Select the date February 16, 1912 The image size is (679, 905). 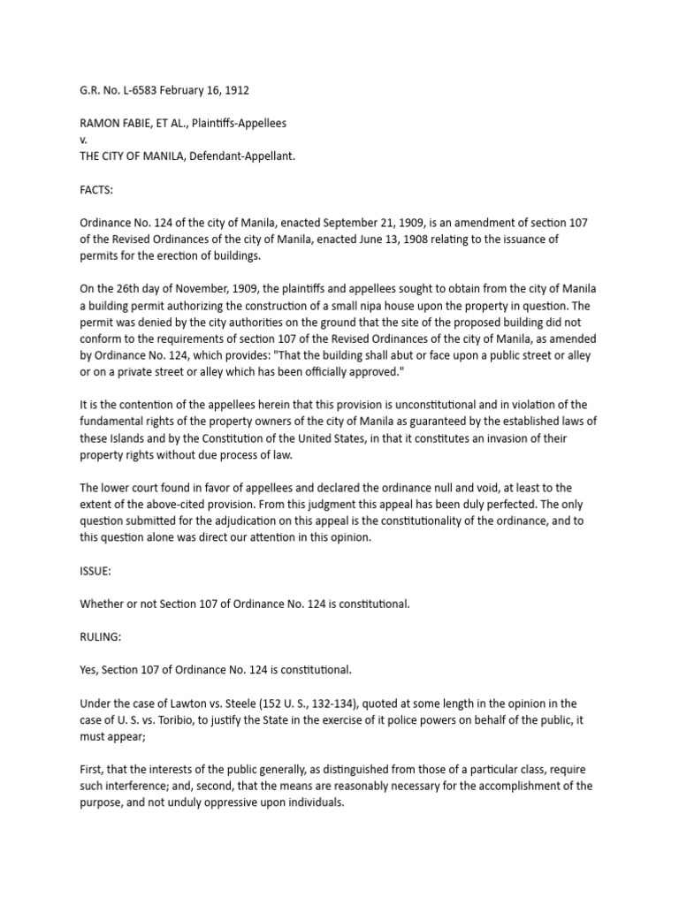click(202, 89)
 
